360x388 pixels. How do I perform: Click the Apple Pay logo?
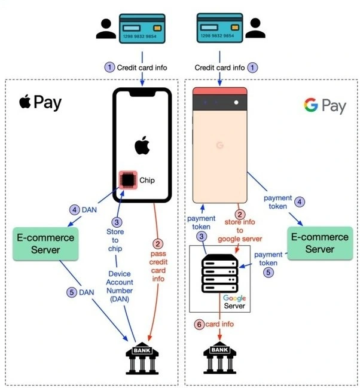[x=40, y=102]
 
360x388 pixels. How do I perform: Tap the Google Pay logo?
[x=325, y=106]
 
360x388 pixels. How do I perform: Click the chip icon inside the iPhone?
[x=127, y=179]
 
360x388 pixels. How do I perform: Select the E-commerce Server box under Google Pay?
[x=319, y=242]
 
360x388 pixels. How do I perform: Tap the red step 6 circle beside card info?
[x=199, y=324]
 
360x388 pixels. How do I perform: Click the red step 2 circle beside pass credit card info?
[x=158, y=243]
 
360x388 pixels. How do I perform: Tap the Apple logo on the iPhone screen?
[x=142, y=145]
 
